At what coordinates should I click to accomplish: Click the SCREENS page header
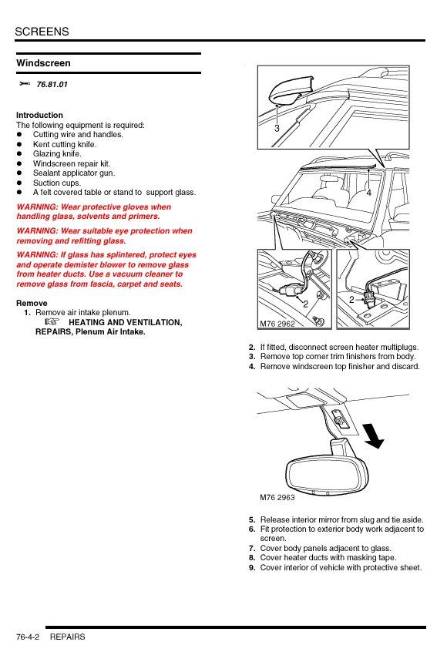pos(42,32)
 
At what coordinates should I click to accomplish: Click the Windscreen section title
pos(44,63)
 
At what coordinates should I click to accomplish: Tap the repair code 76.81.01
pos(52,85)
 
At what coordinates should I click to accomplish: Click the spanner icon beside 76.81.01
pos(25,84)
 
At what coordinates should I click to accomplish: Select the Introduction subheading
pos(39,115)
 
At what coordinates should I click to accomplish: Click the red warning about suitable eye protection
pos(104,236)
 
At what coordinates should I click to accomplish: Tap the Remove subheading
pos(32,303)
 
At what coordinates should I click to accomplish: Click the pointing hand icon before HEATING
pos(52,322)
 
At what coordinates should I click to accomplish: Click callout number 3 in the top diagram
pos(277,129)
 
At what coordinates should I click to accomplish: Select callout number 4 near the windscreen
pos(369,193)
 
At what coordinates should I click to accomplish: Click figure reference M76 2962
pos(277,324)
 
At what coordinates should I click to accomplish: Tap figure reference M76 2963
pos(277,497)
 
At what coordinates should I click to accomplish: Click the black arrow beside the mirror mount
pos(373,435)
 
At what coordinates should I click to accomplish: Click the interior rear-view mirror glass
pos(327,475)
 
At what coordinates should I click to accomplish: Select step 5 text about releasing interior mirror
pos(336,519)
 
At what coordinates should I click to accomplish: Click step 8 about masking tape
pos(323,558)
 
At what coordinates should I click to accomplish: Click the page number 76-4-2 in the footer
pos(28,637)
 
